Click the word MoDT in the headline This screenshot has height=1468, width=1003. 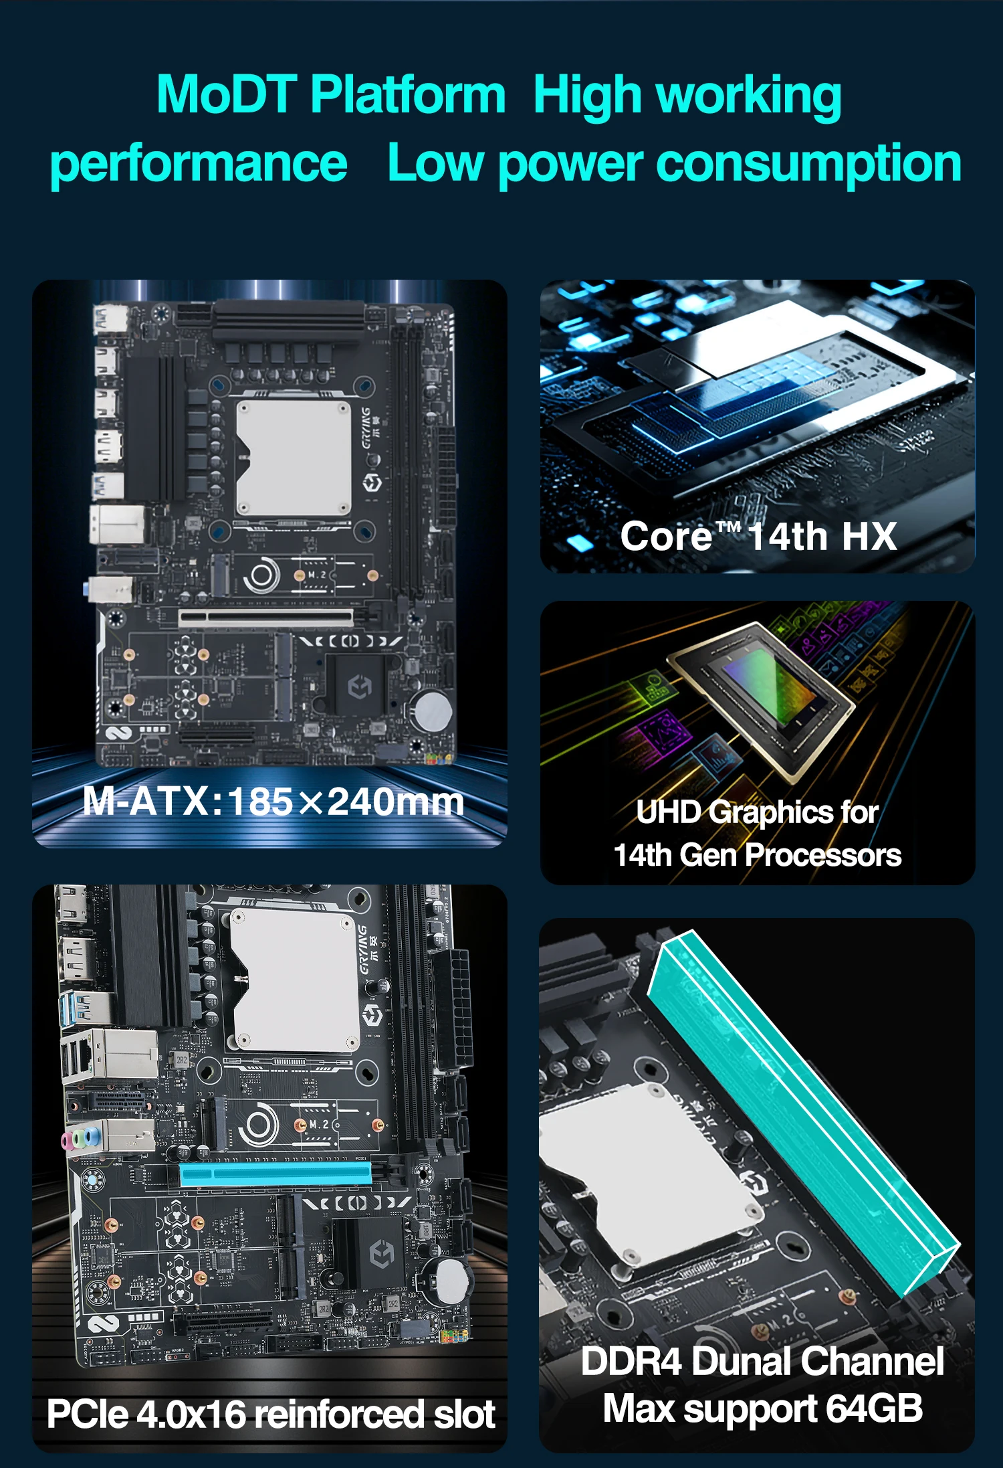coord(227,94)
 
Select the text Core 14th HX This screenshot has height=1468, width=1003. coord(758,536)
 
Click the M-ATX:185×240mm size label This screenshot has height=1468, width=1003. coord(273,801)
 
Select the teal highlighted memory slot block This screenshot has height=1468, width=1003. coord(802,1111)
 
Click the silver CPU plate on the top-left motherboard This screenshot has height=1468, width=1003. coord(294,458)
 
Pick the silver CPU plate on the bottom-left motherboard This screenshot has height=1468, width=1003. coord(294,980)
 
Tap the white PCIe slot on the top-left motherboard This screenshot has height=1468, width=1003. coord(265,617)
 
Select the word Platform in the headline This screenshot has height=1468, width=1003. coord(408,94)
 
